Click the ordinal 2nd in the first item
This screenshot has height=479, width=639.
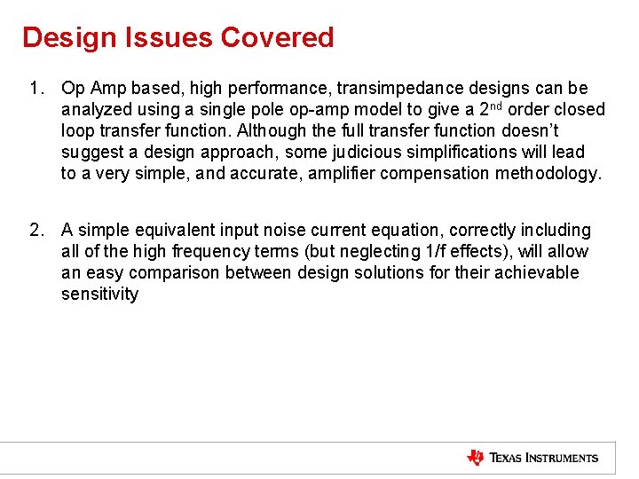(496, 108)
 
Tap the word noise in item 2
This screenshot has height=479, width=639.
(285, 231)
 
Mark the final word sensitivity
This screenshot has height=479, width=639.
(99, 294)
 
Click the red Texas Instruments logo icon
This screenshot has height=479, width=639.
(476, 458)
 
